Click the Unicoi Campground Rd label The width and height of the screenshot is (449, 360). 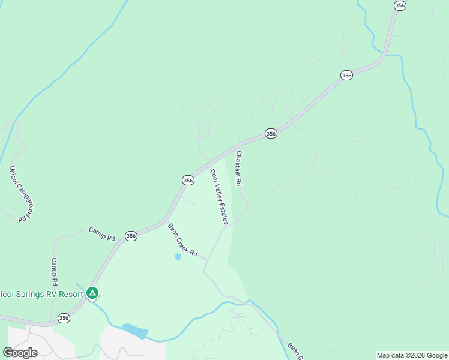click(18, 194)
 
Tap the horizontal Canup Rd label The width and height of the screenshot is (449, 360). click(101, 234)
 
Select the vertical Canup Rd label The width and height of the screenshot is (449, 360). click(53, 272)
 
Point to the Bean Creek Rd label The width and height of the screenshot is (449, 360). click(182, 240)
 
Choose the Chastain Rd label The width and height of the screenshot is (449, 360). click(238, 167)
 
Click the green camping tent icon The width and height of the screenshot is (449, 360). click(92, 293)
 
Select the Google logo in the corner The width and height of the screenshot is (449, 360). click(20, 353)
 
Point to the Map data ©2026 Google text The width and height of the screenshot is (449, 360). click(412, 355)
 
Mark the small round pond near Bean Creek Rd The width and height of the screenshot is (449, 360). click(178, 257)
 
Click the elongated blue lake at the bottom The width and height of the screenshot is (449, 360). click(135, 331)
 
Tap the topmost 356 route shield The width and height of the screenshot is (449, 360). click(400, 5)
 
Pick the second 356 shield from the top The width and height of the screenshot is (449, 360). click(346, 75)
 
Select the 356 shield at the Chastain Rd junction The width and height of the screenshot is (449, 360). click(271, 134)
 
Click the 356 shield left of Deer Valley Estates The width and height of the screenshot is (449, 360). click(188, 180)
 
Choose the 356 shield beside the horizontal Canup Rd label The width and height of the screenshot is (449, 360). click(131, 236)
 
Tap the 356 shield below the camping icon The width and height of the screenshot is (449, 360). click(64, 317)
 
